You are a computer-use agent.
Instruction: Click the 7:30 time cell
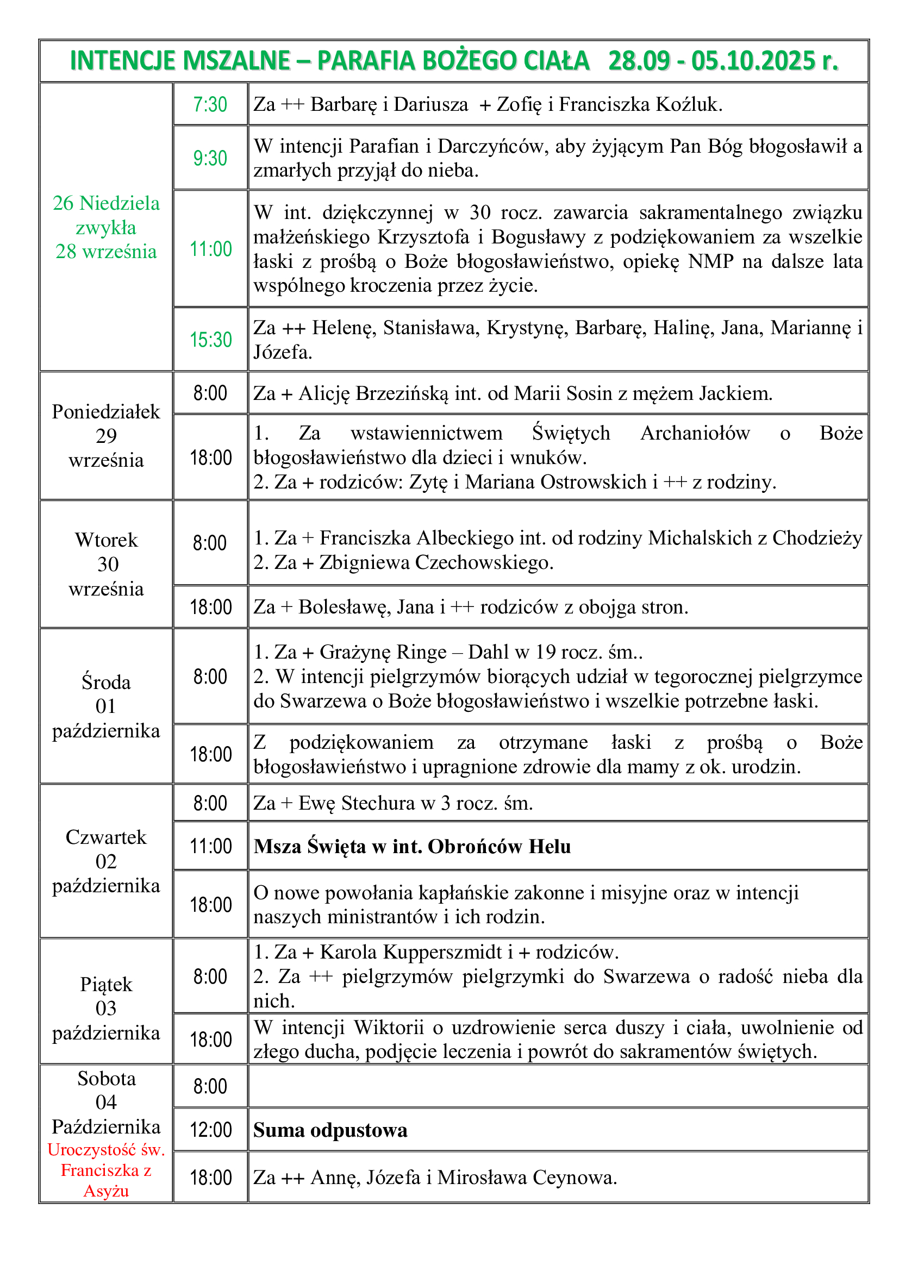210,105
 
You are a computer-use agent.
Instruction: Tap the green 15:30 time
210,339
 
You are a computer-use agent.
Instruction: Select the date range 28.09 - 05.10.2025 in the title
722,61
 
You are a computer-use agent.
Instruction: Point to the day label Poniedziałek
106,412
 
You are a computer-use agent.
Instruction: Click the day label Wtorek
107,540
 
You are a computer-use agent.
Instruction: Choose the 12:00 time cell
210,1129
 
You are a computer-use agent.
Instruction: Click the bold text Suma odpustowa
330,1130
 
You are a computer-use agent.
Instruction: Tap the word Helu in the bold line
550,847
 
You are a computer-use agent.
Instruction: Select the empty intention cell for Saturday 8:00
558,1086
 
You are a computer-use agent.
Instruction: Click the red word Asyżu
107,1191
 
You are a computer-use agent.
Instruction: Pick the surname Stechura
378,803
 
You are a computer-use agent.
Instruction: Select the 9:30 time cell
210,158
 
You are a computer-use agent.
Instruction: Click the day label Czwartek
107,837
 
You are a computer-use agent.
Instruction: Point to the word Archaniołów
695,433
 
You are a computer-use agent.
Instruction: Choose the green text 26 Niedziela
107,203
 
